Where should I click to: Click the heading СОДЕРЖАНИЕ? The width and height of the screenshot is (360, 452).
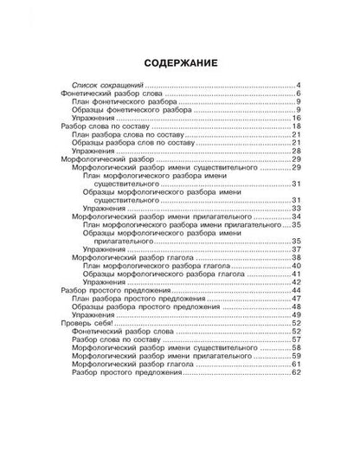click(180, 61)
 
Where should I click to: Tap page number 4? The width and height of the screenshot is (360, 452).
click(297, 85)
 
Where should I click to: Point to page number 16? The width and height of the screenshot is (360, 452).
click(295, 118)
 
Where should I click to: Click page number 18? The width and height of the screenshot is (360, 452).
click(295, 126)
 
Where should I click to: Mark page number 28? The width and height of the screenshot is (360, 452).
click(295, 151)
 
